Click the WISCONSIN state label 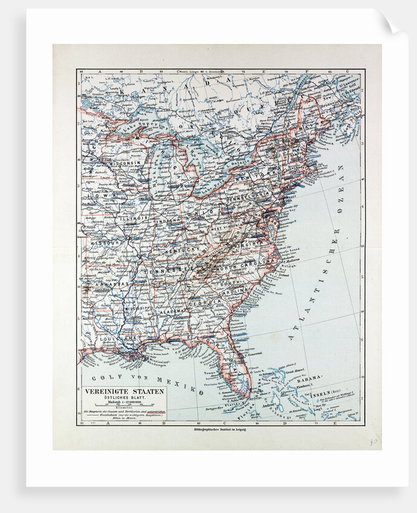[x=124, y=163]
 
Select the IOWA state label [x=96, y=196]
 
